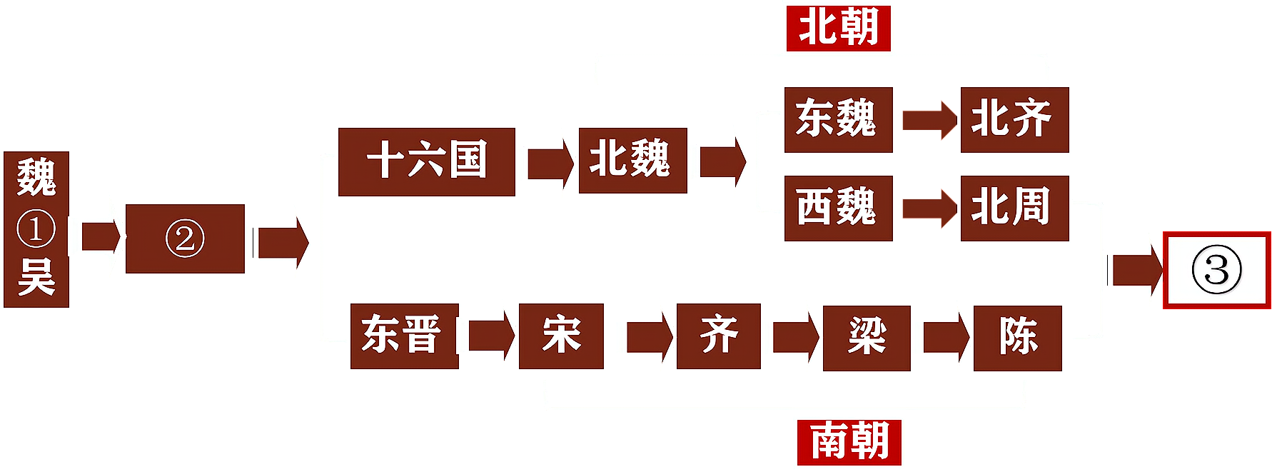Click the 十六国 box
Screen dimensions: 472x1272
[x=426, y=161]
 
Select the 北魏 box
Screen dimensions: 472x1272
[x=632, y=161]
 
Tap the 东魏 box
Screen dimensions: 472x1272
[x=837, y=120]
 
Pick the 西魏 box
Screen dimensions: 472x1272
[x=837, y=209]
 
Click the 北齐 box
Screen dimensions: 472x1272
[x=1014, y=120]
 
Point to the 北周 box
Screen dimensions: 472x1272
[x=1014, y=209]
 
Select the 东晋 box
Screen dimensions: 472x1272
[x=403, y=336]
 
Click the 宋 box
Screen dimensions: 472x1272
[x=561, y=336]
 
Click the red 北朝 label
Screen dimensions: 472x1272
[x=839, y=28]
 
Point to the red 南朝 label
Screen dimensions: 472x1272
[x=849, y=442]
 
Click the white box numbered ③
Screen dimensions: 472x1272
[x=1217, y=271]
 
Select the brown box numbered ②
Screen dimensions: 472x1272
[x=185, y=238]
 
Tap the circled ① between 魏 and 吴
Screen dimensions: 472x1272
[x=36, y=229]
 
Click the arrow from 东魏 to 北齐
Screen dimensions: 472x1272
[x=927, y=120]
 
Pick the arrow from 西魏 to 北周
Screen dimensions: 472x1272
[x=927, y=209]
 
